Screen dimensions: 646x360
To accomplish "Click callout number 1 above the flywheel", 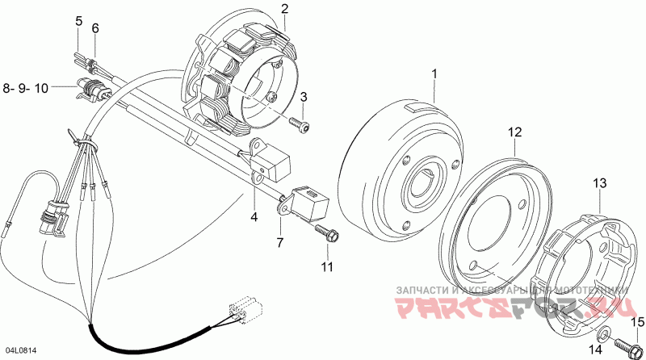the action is [434, 74].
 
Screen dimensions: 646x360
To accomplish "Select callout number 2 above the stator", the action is [284, 9].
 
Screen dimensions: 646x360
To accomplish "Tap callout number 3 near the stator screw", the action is [304, 97].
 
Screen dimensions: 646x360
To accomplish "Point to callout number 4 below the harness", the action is [254, 217].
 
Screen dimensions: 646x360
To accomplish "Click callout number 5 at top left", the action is [78, 21].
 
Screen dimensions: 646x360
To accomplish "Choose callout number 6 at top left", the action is [94, 29].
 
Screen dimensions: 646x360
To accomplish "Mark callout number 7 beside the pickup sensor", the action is [279, 241].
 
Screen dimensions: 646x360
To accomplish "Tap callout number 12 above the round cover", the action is [514, 132].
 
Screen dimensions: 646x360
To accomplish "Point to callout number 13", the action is [599, 184].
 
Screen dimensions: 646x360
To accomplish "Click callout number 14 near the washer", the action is [595, 350].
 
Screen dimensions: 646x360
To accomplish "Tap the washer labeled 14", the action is [605, 333].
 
